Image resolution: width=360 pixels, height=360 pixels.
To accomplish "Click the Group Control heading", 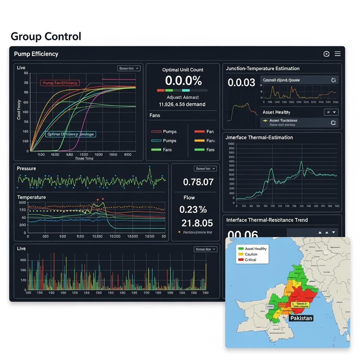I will (x=46, y=36).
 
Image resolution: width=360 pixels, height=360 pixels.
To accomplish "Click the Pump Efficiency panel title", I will (x=36, y=54).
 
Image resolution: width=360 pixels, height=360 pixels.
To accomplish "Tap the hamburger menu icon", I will (x=337, y=54).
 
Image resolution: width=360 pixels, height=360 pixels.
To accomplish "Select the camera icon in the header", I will (x=326, y=54).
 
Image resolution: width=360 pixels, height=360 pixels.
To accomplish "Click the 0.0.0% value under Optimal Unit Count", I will (x=183, y=81).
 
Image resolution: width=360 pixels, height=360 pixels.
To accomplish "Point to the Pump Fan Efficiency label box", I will (x=59, y=83).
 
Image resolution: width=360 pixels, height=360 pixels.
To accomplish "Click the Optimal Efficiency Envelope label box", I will (x=70, y=134).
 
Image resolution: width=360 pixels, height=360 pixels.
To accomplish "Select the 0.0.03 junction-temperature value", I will (x=241, y=83).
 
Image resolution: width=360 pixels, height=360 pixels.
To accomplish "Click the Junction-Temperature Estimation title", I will (x=263, y=69).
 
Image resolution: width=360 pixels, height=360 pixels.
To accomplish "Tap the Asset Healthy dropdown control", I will (x=331, y=112).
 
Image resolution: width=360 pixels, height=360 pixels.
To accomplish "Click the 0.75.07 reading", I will (x=198, y=182).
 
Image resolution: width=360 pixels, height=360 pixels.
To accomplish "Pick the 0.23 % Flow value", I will (x=193, y=210).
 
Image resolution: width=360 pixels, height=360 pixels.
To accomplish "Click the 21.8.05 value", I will (x=197, y=223).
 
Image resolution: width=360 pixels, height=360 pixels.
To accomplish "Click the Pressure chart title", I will (x=26, y=168).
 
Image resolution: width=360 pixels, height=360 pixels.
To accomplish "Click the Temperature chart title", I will (x=31, y=197).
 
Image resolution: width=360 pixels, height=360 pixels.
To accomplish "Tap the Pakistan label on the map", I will (x=301, y=318).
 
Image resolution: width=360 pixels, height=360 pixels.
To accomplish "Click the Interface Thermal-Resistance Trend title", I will (x=267, y=220).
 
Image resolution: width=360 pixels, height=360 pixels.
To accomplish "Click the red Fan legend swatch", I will (x=199, y=131).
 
